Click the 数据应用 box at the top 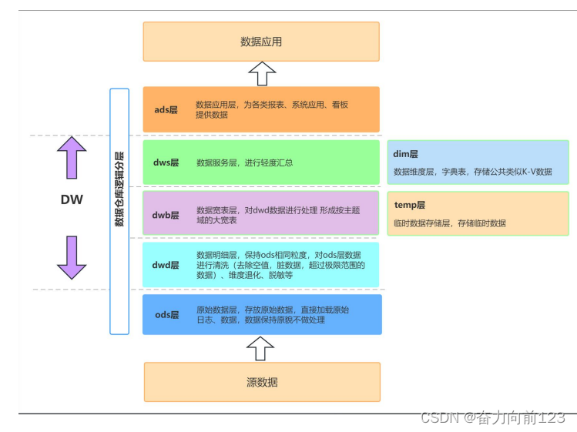261,42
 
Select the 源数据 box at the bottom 262,382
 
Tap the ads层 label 166,109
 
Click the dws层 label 166,162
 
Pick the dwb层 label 166,215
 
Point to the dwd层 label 166,265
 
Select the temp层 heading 409,206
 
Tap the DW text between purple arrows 72,200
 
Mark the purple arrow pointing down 72,256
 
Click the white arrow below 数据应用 262,74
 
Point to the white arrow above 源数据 262,348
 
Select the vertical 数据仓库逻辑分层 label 119,189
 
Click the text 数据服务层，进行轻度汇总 244,162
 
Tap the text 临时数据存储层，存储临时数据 449,223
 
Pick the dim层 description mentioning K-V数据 472,172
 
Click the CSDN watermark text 492,417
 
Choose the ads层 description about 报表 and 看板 272,109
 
